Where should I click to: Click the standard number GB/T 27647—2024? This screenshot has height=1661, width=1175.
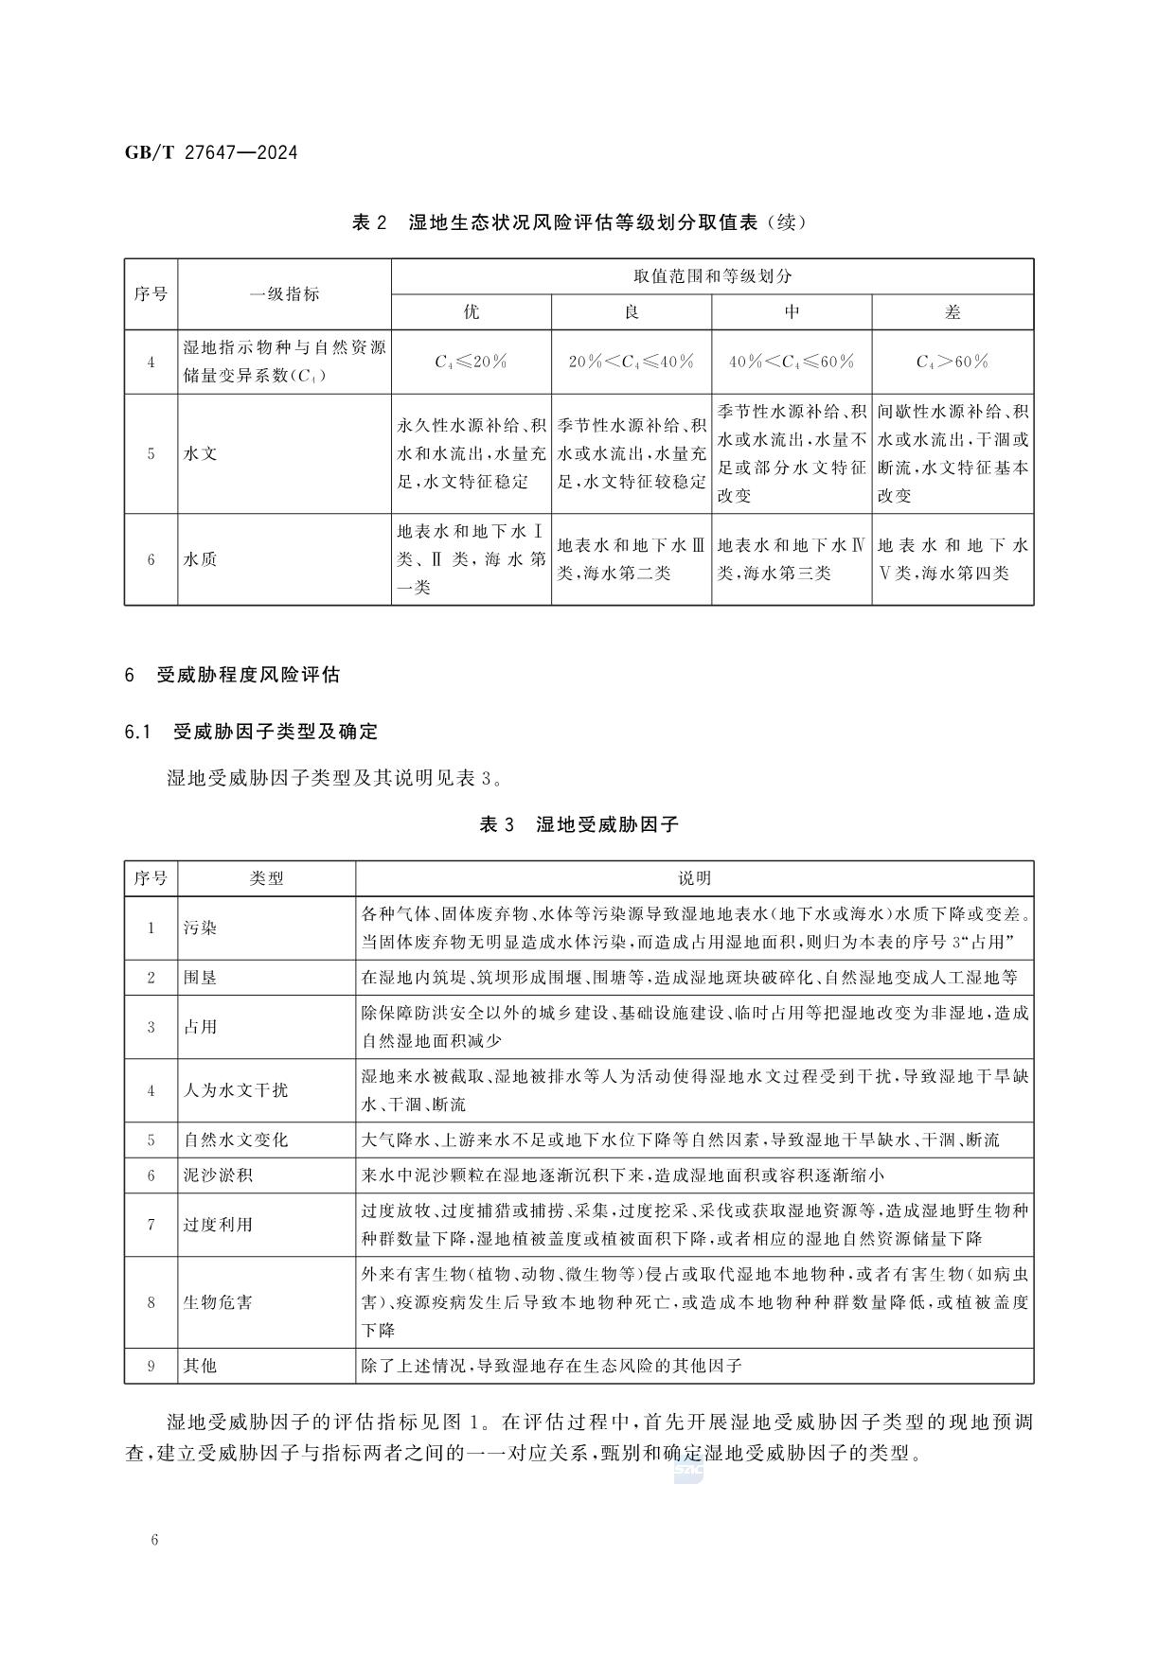(x=210, y=151)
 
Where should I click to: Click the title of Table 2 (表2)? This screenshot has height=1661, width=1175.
(x=579, y=223)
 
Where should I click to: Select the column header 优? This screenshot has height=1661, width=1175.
(x=471, y=312)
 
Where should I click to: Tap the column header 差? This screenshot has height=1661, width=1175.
(x=952, y=312)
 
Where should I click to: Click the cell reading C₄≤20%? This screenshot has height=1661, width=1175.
(x=471, y=362)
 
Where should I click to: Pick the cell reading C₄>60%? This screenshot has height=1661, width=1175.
(x=952, y=362)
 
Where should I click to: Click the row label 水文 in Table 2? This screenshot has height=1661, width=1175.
(x=201, y=453)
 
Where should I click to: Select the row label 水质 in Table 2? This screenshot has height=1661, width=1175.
(x=201, y=559)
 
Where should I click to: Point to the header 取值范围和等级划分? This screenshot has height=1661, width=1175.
(x=711, y=276)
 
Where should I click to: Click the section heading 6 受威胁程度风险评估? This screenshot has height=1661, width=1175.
(x=232, y=675)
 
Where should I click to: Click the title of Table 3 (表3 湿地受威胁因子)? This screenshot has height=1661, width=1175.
(x=579, y=824)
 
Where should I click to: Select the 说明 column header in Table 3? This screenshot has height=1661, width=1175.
(x=694, y=878)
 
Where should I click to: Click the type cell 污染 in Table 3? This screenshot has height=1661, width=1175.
(x=201, y=928)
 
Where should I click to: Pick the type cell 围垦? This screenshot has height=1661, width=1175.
(x=201, y=978)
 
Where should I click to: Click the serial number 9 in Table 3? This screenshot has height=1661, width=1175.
(x=151, y=1366)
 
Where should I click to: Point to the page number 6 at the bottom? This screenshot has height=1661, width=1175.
(x=153, y=1540)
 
